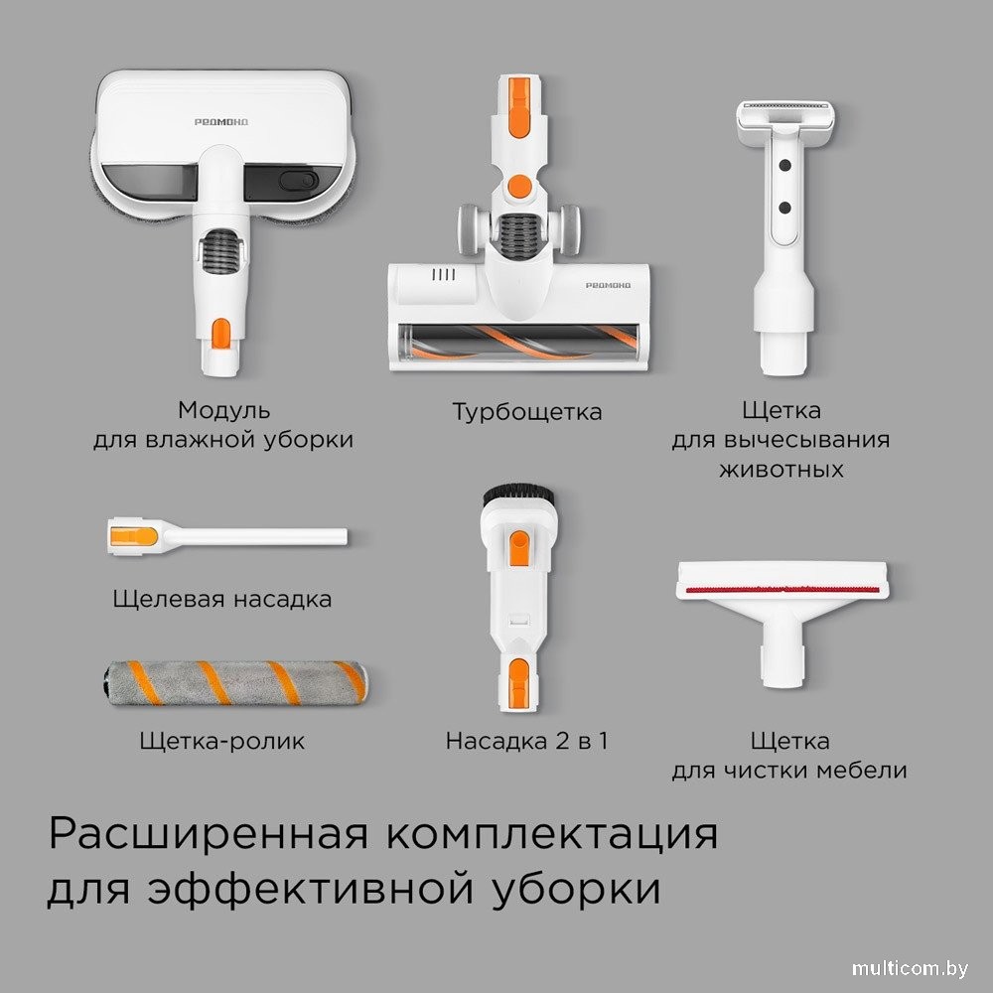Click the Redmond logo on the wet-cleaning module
point(221,121)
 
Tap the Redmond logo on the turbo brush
point(608,286)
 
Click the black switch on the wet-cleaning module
point(299,180)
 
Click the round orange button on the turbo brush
point(520,187)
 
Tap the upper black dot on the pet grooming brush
point(784,166)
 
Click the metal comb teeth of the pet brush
point(785,104)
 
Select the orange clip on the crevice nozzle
point(134,537)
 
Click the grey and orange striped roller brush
point(235,683)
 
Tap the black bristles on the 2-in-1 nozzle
point(518,495)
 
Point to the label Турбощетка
point(527,412)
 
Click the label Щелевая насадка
point(222,599)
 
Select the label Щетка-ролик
point(222,741)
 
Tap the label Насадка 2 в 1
point(527,741)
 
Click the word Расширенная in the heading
point(209,833)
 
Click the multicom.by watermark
point(910,968)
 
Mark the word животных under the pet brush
point(781,470)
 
